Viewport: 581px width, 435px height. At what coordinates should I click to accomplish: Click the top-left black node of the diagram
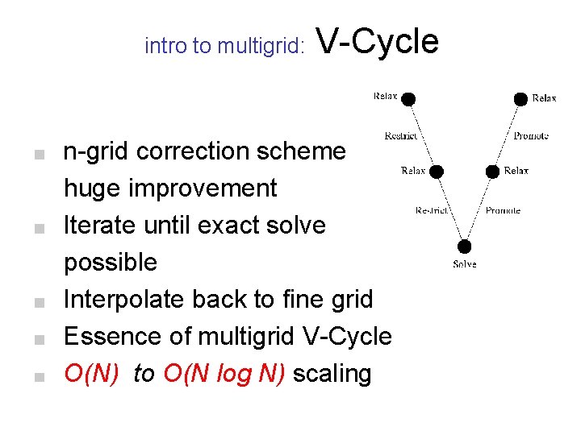[408, 98]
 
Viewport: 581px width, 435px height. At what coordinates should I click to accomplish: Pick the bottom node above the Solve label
[465, 246]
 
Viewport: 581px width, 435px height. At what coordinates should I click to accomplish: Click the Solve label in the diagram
[465, 264]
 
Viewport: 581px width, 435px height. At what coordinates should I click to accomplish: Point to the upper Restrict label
[401, 136]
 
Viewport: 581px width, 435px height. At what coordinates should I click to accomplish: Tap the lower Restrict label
[433, 211]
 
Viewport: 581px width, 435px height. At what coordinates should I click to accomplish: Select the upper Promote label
[530, 136]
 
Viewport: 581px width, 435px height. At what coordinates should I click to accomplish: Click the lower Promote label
[503, 211]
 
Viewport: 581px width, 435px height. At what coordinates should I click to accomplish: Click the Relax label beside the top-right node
[545, 98]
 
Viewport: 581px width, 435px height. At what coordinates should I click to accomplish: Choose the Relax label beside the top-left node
[385, 97]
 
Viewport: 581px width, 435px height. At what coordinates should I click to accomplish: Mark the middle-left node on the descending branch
[437, 171]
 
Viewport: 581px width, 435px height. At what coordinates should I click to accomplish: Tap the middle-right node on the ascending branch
[492, 171]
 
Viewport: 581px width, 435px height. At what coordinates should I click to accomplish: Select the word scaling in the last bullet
[332, 374]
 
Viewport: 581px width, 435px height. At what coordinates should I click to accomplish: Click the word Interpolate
[125, 300]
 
